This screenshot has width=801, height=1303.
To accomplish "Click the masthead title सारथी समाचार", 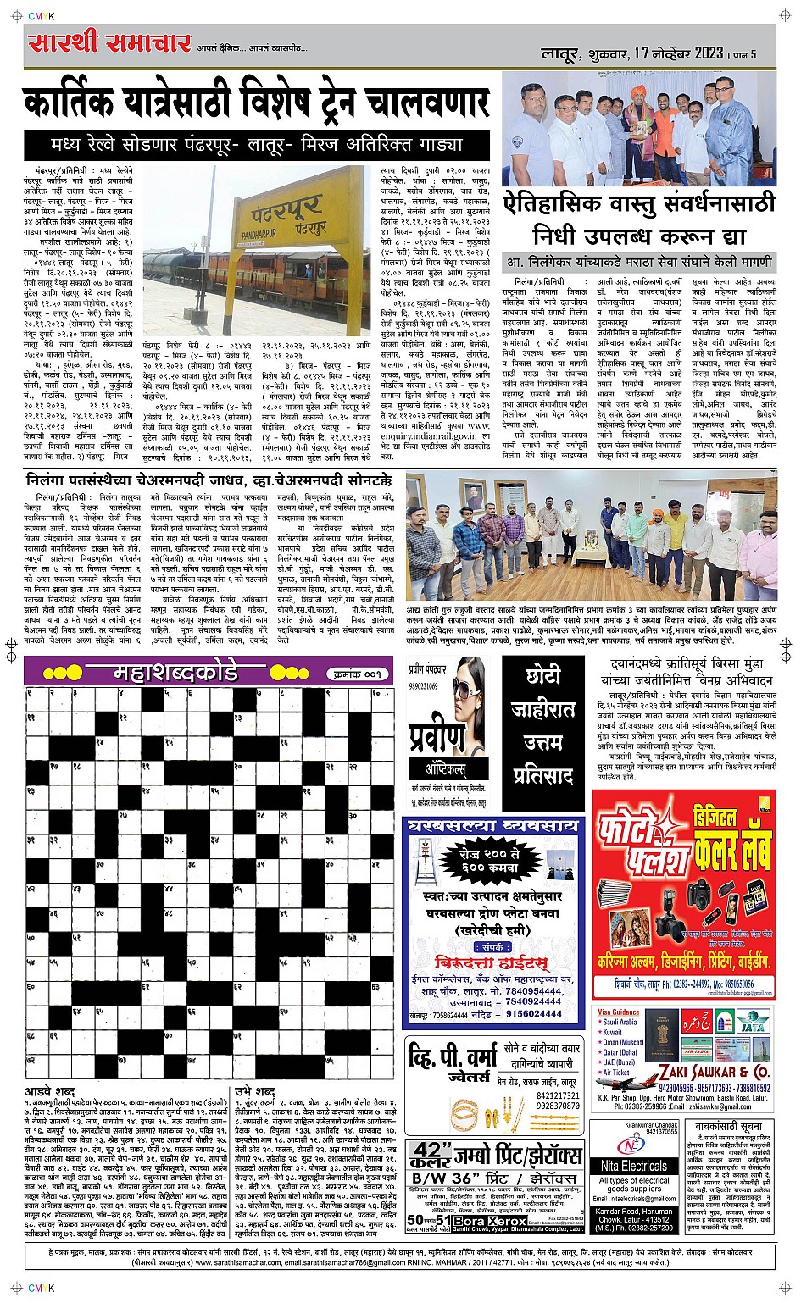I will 110,42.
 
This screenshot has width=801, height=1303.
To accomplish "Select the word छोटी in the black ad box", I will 543,677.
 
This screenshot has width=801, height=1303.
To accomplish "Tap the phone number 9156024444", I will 534,1013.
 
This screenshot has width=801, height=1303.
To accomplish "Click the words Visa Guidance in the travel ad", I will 619,1012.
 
